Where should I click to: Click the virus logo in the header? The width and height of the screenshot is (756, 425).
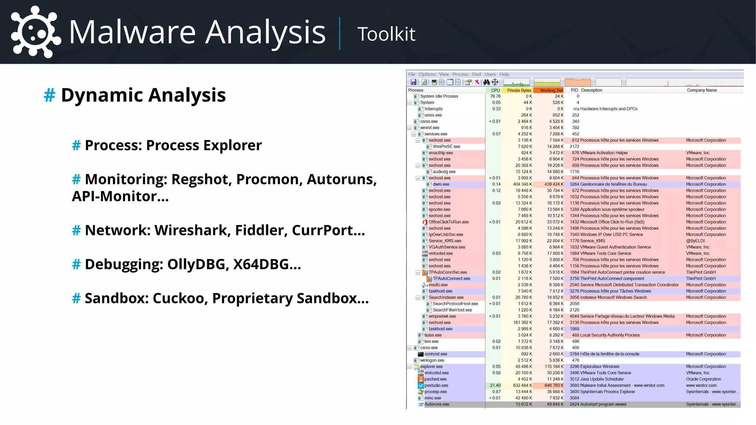point(35,32)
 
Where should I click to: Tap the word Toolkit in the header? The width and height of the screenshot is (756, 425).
point(386,34)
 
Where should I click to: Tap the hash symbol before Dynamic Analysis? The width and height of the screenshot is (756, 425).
point(49,96)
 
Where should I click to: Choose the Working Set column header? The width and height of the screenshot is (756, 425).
point(551,90)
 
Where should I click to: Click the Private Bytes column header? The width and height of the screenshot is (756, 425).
point(519,90)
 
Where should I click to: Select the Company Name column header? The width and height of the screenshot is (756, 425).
point(702,90)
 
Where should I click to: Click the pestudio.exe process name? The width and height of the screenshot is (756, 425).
point(436,386)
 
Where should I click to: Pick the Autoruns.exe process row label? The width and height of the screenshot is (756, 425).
point(437,404)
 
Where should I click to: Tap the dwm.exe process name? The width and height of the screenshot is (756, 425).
point(441,184)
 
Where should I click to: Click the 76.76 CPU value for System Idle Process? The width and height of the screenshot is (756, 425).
point(495,96)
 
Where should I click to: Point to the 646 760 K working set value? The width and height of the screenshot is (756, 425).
point(554,386)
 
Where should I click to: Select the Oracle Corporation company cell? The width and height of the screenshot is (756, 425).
point(703,379)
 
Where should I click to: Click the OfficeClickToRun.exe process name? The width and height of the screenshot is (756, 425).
point(449,222)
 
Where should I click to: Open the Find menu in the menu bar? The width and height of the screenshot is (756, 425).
point(476,75)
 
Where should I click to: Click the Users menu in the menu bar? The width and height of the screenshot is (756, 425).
point(490,75)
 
